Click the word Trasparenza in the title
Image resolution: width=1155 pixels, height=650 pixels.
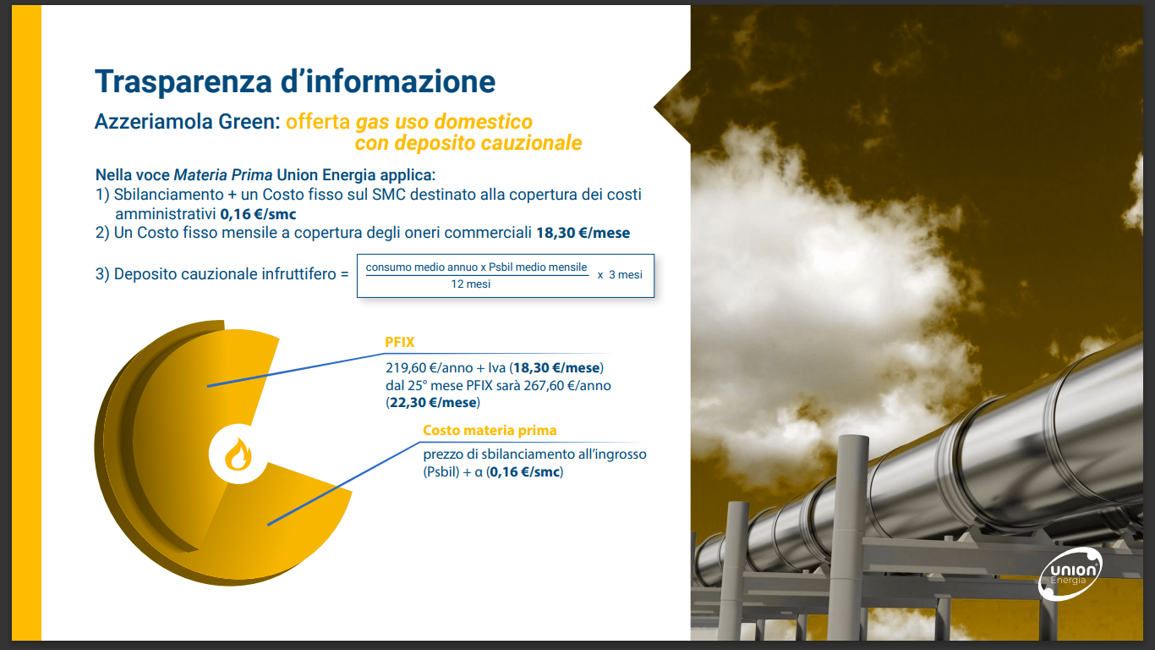coord(183,81)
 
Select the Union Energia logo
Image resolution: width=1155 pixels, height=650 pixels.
coord(1070,574)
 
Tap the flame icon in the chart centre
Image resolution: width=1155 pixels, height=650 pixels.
coord(238,454)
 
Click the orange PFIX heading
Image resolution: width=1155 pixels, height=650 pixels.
coord(400,342)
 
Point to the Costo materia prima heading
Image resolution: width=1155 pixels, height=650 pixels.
coord(490,430)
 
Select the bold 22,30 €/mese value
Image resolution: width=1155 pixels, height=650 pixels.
coord(433,402)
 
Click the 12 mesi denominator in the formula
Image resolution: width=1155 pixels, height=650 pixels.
coord(471,284)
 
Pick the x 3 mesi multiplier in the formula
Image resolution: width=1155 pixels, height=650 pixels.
coord(620,275)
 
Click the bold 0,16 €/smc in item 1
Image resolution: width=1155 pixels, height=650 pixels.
coord(258,214)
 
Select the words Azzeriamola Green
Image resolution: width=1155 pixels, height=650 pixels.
coord(188,122)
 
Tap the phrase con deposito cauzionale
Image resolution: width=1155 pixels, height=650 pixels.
coord(468,143)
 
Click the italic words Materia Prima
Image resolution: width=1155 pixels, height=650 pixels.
coord(222,175)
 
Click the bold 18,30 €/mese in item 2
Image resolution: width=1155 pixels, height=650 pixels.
coord(583,233)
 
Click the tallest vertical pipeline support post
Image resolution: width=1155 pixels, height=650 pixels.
coord(852,537)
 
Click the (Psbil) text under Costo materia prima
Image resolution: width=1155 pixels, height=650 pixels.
coord(441,472)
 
